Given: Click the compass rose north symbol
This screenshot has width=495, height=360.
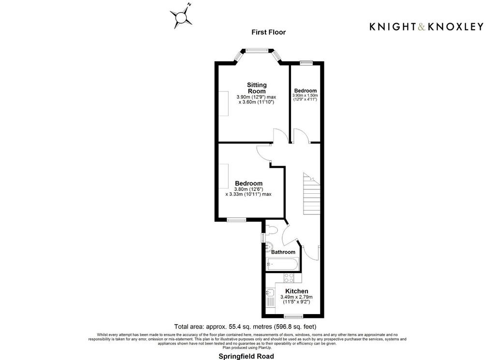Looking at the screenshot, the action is click(x=181, y=16).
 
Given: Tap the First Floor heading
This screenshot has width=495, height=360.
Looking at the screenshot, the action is click(x=268, y=32).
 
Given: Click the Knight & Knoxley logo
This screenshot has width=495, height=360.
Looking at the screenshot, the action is click(x=426, y=27).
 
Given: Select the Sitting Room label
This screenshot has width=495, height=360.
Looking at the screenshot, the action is click(x=257, y=88).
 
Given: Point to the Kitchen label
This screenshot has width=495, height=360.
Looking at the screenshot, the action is click(x=297, y=291).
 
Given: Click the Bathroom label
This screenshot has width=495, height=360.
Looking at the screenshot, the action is click(x=283, y=252).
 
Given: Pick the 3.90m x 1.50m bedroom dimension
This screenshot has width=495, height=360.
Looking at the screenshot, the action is click(x=306, y=97).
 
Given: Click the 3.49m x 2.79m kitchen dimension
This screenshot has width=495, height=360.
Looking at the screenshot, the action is click(x=296, y=300).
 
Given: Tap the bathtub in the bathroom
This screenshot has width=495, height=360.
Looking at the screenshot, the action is click(x=282, y=264).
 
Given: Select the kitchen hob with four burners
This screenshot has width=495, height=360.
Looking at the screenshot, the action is click(x=289, y=278).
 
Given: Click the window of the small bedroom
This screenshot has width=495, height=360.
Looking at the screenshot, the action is click(x=306, y=63).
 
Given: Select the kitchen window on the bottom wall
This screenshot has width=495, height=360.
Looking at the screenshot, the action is click(x=293, y=316).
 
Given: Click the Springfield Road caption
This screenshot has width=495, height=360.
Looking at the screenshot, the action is click(x=246, y=357).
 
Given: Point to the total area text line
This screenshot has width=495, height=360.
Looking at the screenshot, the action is click(x=245, y=327).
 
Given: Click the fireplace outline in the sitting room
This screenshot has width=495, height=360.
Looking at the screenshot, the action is click(x=223, y=103).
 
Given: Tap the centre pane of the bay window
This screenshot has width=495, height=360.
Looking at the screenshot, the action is click(x=257, y=50).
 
